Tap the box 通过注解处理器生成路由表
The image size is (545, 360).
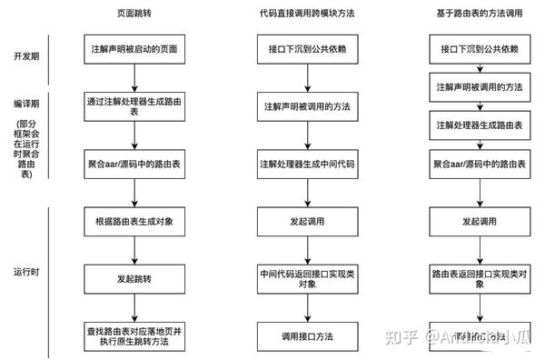pyautogui.click(x=134, y=107)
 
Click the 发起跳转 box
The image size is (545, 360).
pyautogui.click(x=134, y=279)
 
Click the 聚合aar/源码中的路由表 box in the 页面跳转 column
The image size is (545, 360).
pyautogui.click(x=134, y=165)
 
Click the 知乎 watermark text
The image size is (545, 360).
pyautogui.click(x=404, y=336)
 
